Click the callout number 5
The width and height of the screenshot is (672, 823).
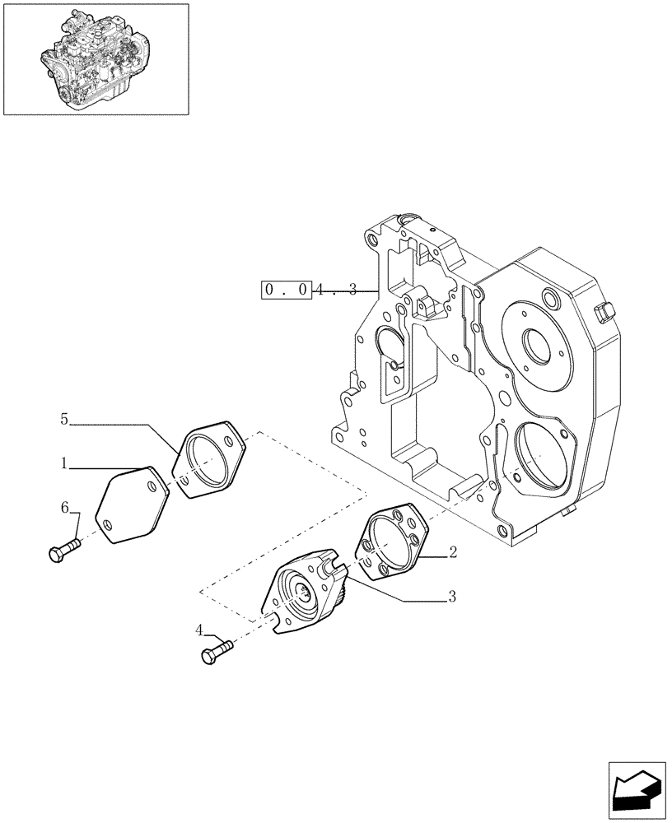point(63,420)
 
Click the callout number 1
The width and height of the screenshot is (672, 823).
point(63,464)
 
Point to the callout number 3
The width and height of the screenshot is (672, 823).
point(452,597)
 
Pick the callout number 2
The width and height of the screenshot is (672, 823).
point(452,554)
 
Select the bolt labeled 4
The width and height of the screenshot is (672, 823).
point(215,653)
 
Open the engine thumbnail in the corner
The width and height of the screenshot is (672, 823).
point(96,58)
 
